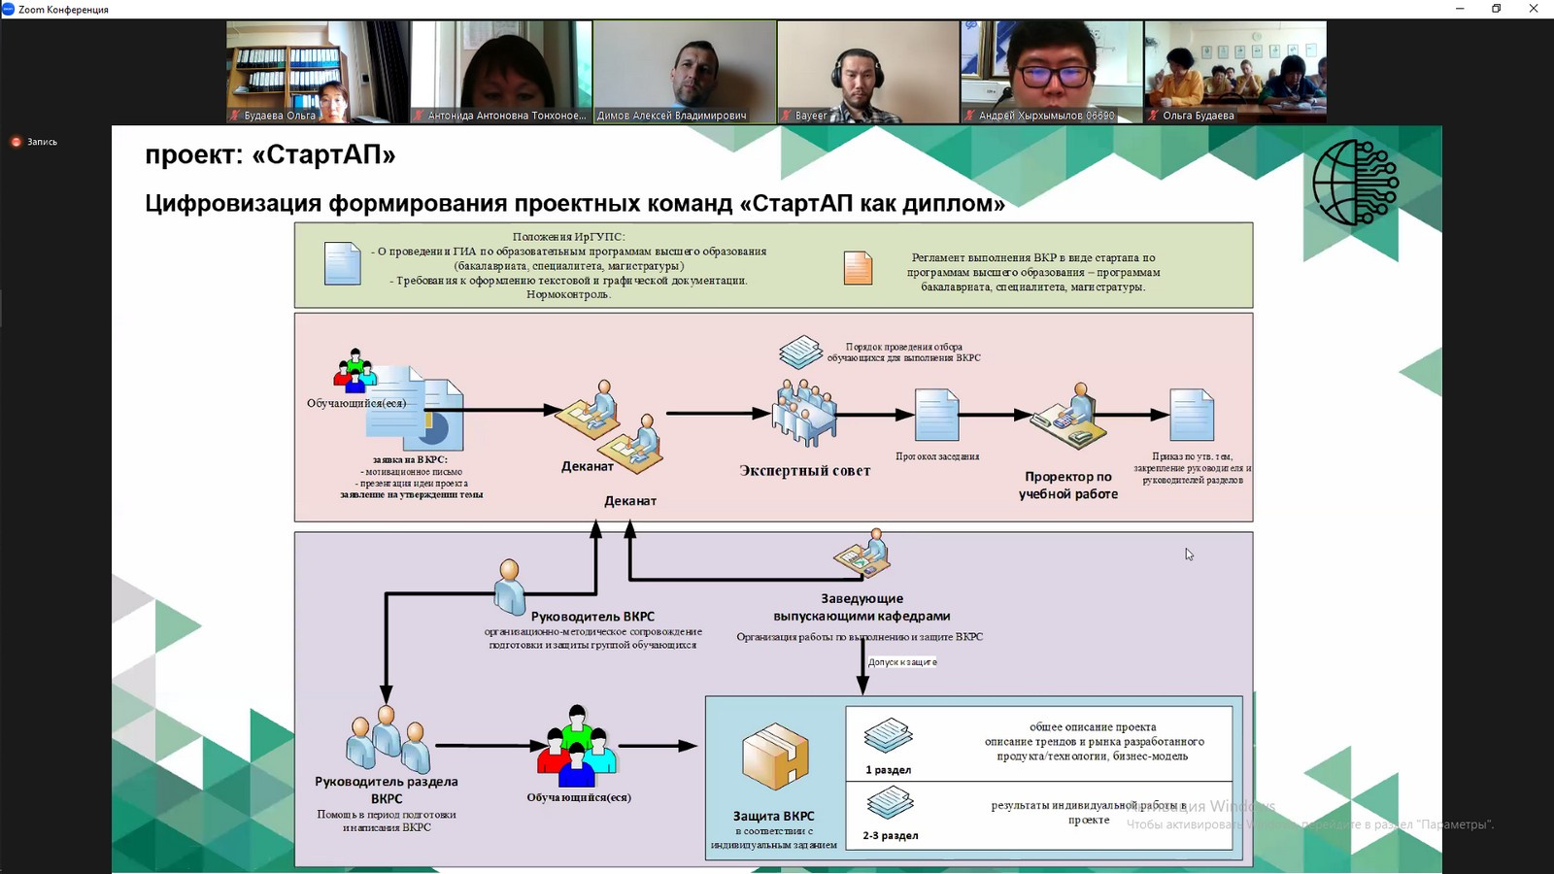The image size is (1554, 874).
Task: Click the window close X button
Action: [1534, 9]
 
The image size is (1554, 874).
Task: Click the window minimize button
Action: [1460, 9]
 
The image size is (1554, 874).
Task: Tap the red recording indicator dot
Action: [16, 142]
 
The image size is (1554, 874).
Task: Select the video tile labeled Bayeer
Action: [867, 72]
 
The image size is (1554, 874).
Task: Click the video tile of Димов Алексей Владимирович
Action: [684, 72]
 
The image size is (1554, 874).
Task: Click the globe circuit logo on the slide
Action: [1355, 183]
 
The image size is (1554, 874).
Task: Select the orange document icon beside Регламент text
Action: [858, 268]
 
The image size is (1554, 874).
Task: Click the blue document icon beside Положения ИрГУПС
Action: [342, 263]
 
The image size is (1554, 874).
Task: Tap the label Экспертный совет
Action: [804, 471]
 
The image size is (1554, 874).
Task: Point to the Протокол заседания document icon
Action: [936, 415]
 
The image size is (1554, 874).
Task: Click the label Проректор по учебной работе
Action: [1068, 486]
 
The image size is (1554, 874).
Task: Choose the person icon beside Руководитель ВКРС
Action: [509, 586]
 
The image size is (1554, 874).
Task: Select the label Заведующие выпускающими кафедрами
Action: [861, 608]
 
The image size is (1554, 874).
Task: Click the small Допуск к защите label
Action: [902, 662]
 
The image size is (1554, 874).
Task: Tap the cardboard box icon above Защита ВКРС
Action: [774, 756]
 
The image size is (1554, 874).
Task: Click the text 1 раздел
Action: [888, 770]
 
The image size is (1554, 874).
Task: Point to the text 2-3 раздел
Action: [890, 835]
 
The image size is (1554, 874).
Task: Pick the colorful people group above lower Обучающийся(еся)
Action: [577, 747]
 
